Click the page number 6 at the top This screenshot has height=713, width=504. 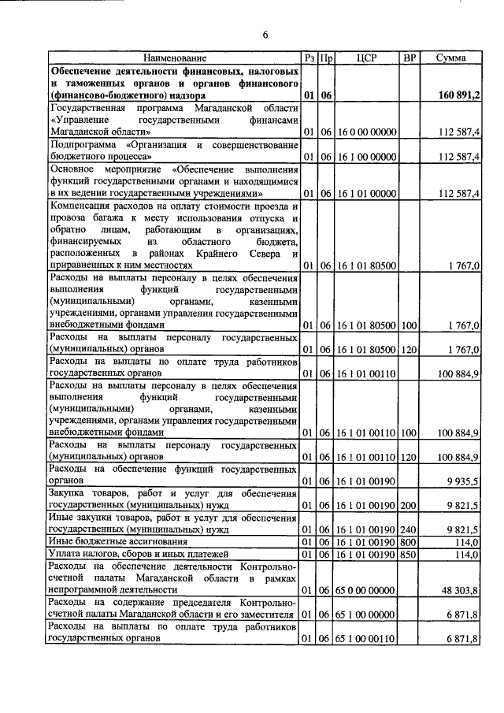265,35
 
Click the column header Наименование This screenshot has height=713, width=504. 174,58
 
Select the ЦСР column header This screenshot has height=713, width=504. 366,58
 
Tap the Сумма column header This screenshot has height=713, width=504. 450,58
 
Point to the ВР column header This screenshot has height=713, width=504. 409,58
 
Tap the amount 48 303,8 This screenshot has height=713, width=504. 461,589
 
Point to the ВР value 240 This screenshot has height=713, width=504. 408,529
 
